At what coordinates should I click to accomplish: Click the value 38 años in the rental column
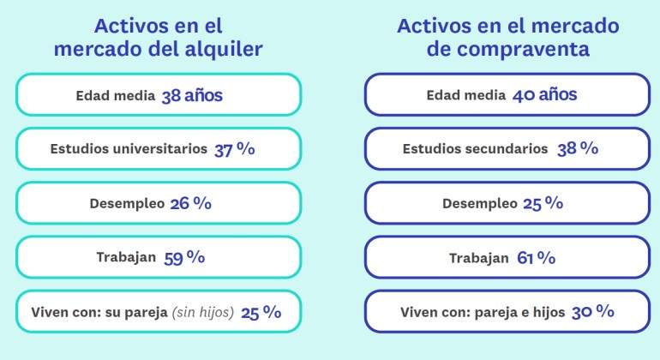(192, 96)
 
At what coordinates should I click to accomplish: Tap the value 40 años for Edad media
(544, 95)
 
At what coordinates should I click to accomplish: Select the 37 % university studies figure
(235, 149)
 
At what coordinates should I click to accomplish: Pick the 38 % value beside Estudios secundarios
(578, 148)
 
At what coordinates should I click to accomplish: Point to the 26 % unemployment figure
(190, 203)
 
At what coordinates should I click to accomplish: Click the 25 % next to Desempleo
(543, 203)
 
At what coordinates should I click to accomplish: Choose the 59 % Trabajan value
(184, 257)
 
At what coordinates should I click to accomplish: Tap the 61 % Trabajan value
(536, 257)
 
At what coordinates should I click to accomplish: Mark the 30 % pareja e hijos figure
(592, 312)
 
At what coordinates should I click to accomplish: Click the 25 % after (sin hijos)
(261, 312)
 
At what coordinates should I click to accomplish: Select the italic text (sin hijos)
(203, 312)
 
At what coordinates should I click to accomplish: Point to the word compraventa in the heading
(523, 50)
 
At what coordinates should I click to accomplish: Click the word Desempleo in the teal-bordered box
(127, 204)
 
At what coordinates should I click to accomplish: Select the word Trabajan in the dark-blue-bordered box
(479, 258)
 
